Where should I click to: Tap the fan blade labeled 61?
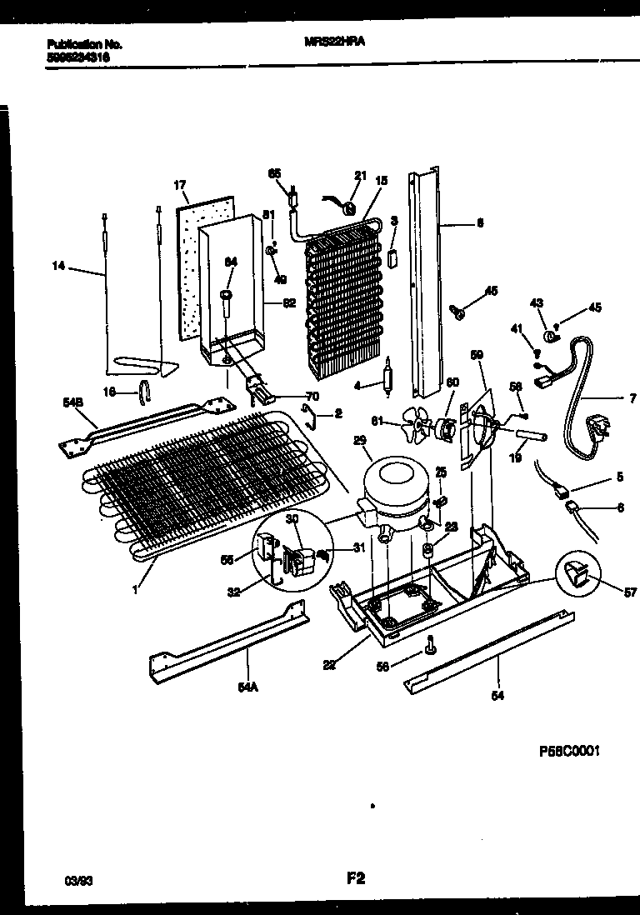coord(416,426)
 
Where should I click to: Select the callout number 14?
coord(57,267)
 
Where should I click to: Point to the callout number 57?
coord(630,592)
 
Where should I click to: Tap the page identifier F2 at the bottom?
coord(356,877)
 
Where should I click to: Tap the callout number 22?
coord(329,664)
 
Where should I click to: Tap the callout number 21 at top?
coord(360,175)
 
